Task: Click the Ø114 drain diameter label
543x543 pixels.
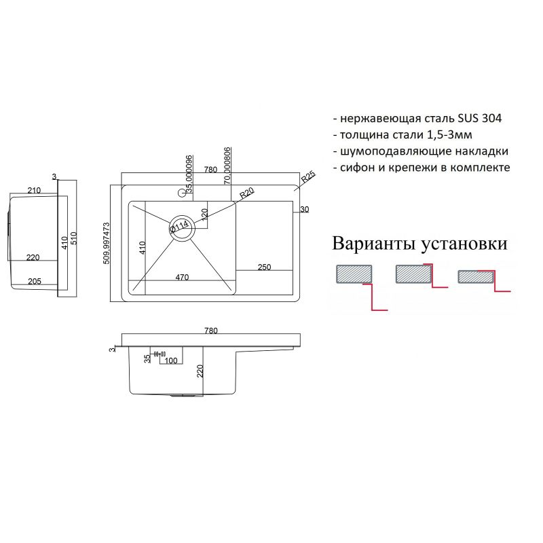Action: tap(179, 225)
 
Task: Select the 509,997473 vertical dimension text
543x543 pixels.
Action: tap(107, 245)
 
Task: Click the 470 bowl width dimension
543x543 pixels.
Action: tap(182, 277)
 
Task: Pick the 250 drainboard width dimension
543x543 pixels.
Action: tap(264, 267)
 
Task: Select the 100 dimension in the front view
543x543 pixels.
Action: tap(171, 360)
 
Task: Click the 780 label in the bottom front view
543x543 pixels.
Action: tap(210, 331)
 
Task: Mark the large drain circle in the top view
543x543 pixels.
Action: tap(182, 226)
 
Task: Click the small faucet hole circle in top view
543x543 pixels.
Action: tap(181, 193)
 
